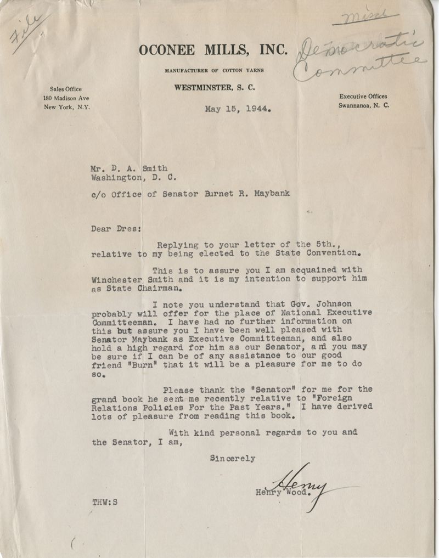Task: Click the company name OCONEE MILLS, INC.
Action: click(213, 50)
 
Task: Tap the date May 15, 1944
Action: click(238, 108)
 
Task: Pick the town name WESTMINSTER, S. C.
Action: click(215, 88)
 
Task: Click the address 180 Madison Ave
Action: click(66, 98)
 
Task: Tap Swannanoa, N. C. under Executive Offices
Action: click(364, 105)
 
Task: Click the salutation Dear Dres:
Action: click(114, 229)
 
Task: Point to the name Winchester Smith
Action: click(130, 279)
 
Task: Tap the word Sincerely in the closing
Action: click(233, 458)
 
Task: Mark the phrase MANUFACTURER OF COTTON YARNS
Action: click(215, 71)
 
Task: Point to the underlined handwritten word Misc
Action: click(365, 18)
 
